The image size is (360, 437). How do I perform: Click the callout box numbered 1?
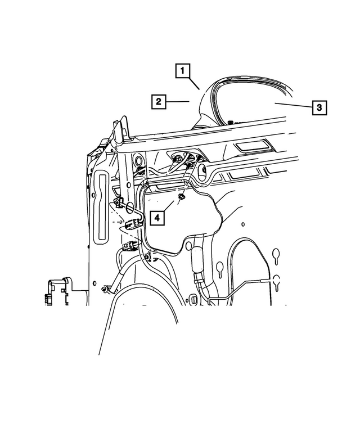tap(182, 71)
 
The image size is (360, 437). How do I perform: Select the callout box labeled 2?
tap(159, 102)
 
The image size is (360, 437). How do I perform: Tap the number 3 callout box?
tap(319, 106)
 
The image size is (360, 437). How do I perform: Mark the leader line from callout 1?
tap(193, 84)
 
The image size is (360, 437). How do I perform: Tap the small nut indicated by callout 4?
tap(182, 197)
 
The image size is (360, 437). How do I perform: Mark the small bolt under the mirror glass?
tap(231, 121)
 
